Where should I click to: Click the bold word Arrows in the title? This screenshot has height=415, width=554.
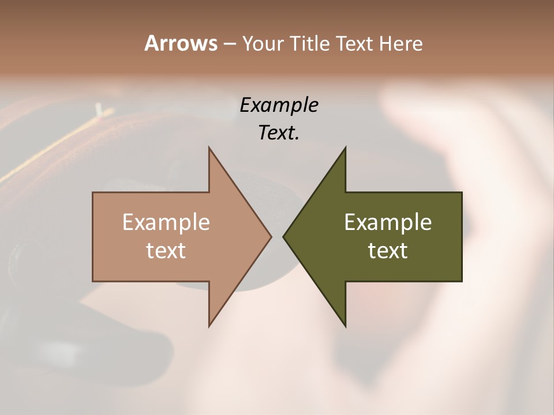pyautogui.click(x=181, y=43)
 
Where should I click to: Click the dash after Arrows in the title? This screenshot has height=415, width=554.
pyautogui.click(x=229, y=44)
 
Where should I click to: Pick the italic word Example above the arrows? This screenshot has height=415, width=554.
pyautogui.click(x=279, y=105)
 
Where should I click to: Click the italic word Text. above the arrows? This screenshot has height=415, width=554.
pyautogui.click(x=279, y=133)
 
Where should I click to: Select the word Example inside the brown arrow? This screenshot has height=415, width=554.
pyautogui.click(x=166, y=222)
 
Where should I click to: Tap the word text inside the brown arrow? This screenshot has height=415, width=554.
pyautogui.click(x=166, y=250)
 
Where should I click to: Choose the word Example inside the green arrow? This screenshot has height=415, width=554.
pyautogui.click(x=388, y=222)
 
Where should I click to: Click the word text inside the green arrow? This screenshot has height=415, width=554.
pyautogui.click(x=388, y=250)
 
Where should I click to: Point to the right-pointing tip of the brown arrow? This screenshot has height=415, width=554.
pyautogui.click(x=271, y=236)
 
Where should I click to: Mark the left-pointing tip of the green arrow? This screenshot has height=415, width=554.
pyautogui.click(x=283, y=236)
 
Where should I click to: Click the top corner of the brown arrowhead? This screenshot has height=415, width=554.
pyautogui.click(x=209, y=147)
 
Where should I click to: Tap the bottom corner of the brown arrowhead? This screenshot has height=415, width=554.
pyautogui.click(x=209, y=326)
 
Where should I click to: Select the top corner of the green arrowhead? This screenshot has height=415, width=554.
pyautogui.click(x=345, y=147)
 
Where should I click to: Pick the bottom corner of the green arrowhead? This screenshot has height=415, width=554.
pyautogui.click(x=345, y=326)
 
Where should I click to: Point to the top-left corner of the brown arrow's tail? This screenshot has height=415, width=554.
pyautogui.click(x=93, y=193)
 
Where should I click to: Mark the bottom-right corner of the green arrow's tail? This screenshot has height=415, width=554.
pyautogui.click(x=462, y=281)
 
